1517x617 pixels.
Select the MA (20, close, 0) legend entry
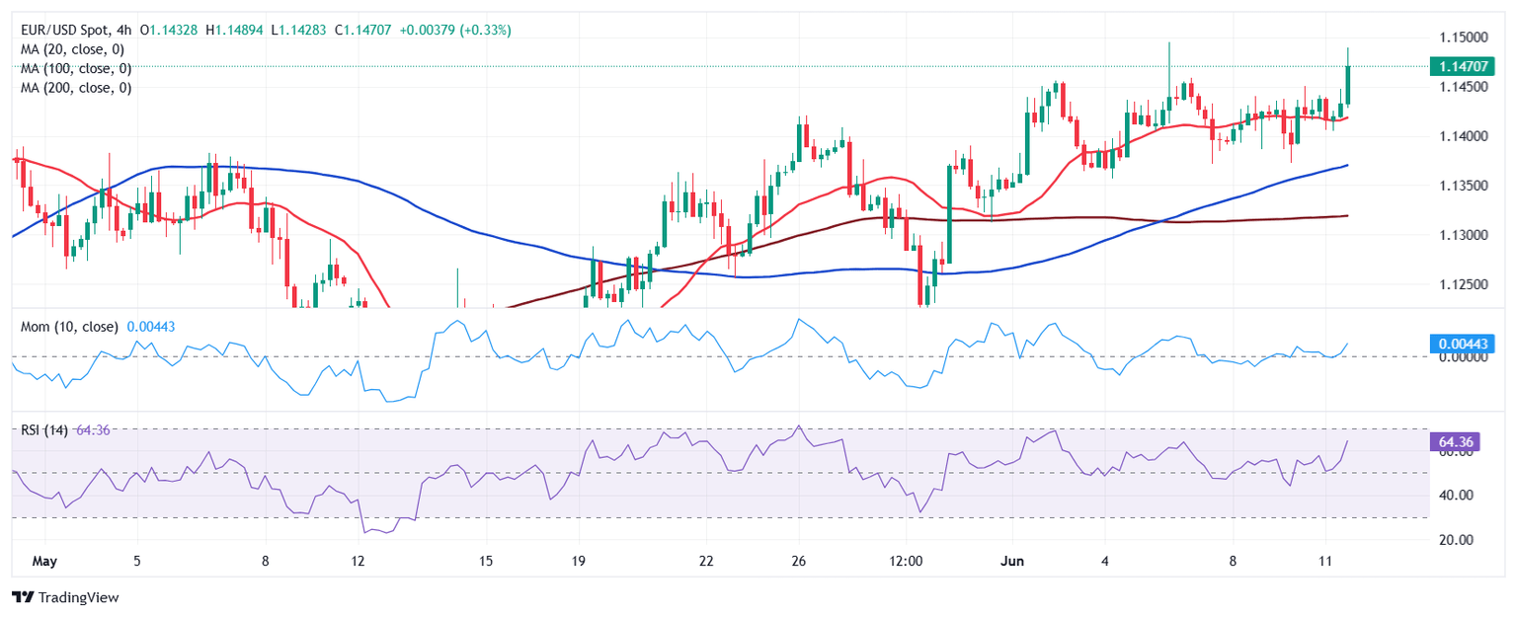[76, 49]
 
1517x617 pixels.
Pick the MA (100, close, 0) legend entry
[76, 68]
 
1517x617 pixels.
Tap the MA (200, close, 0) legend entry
[76, 87]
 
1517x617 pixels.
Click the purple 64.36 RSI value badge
[1456, 442]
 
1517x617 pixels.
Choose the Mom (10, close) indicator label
[69, 327]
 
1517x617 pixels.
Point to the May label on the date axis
[44, 561]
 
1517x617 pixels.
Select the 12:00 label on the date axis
[906, 561]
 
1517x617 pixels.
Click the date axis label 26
[799, 561]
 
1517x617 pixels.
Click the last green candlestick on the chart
[1348, 84]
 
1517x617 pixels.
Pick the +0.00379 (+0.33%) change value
[455, 31]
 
